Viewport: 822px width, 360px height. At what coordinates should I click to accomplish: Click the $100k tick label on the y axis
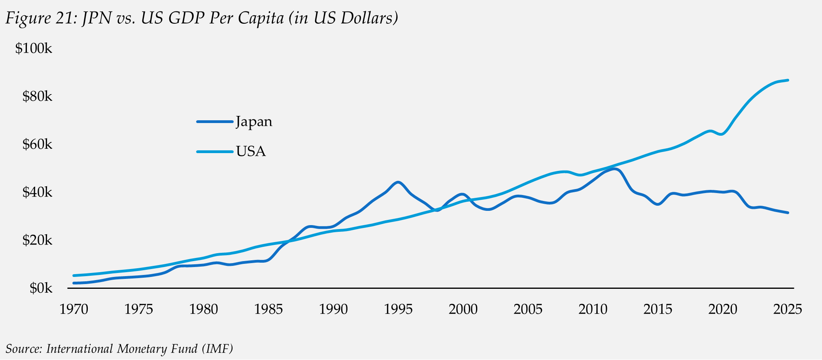(34, 49)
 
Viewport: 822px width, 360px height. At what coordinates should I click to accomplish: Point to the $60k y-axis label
(37, 144)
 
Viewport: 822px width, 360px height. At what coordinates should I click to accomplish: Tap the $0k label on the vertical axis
(41, 288)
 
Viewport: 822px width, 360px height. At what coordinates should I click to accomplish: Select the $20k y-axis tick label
(37, 240)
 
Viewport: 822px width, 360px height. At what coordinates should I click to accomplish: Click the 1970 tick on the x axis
(74, 309)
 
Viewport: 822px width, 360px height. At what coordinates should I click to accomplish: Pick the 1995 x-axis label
(398, 309)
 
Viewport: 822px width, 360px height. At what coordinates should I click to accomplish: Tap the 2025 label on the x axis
(788, 309)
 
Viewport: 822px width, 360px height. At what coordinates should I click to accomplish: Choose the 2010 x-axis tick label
(593, 309)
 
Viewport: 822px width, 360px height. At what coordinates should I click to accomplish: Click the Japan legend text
(254, 121)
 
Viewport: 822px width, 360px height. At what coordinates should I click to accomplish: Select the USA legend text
(251, 152)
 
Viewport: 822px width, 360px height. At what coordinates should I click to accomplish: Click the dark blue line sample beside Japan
(215, 122)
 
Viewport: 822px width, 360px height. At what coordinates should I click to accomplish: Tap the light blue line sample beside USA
(215, 152)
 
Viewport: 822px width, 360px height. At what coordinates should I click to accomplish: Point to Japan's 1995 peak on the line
(398, 182)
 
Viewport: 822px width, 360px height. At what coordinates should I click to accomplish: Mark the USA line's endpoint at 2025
(788, 80)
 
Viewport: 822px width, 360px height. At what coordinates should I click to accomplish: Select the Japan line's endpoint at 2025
(788, 213)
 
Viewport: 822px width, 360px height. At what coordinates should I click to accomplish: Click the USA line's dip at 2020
(722, 134)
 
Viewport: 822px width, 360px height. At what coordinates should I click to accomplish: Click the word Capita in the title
(261, 18)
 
